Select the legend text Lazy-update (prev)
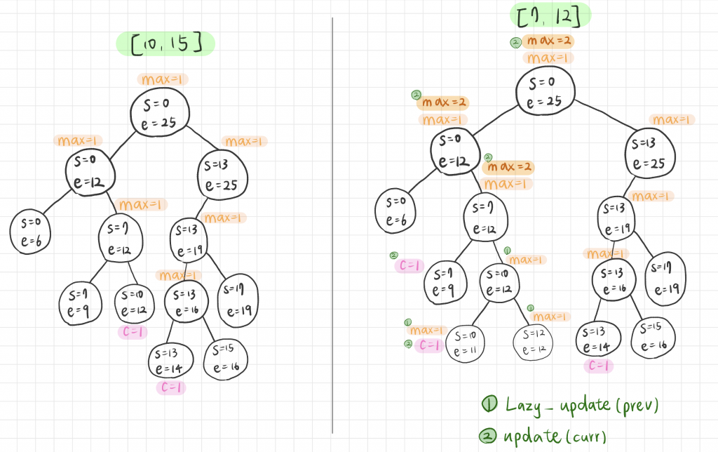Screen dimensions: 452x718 click(581, 406)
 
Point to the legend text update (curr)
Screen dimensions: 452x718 click(555, 436)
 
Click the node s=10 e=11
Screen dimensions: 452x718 click(465, 344)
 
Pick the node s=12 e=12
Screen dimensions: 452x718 click(533, 343)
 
